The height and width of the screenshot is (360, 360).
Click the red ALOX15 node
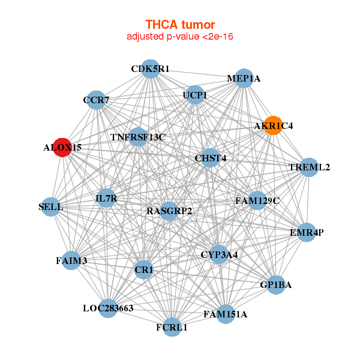point(62,146)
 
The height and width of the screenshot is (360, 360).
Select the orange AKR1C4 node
point(274,125)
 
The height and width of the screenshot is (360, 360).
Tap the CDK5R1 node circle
point(151,69)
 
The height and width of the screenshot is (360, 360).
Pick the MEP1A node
point(244,79)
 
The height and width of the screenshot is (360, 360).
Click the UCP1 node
point(195,95)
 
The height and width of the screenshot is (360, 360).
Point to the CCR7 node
point(96,100)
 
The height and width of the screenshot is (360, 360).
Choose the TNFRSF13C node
point(138,137)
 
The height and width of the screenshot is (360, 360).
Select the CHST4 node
point(211,158)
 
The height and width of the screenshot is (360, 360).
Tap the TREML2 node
point(309,167)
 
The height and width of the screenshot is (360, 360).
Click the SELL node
point(50,207)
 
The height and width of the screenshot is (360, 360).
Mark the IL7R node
point(106,198)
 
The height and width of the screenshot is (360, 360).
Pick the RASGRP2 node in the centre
point(169,211)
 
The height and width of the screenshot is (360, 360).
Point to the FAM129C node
point(257,200)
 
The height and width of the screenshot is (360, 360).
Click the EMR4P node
point(307,232)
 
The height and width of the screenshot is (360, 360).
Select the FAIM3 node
point(71,260)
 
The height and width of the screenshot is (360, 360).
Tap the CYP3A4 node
point(219,254)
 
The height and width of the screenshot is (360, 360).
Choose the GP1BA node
point(275,285)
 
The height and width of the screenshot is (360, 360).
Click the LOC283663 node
point(108,308)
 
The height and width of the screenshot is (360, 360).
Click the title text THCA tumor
point(180,25)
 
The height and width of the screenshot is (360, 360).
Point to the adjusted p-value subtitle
point(180,37)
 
